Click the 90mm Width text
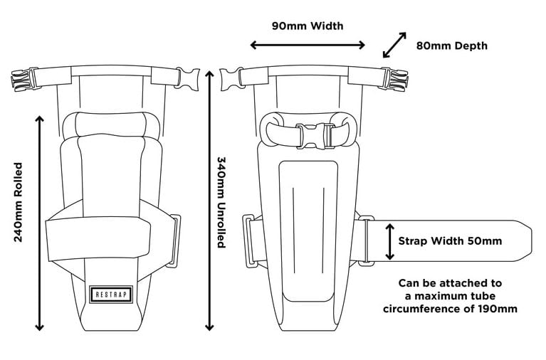click(308, 26)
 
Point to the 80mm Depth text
click(452, 46)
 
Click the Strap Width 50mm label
click(450, 240)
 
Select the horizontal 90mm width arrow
click(308, 46)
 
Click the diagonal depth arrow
click(394, 44)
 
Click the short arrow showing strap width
click(389, 241)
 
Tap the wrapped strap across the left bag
click(107, 235)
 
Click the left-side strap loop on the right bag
click(251, 241)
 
